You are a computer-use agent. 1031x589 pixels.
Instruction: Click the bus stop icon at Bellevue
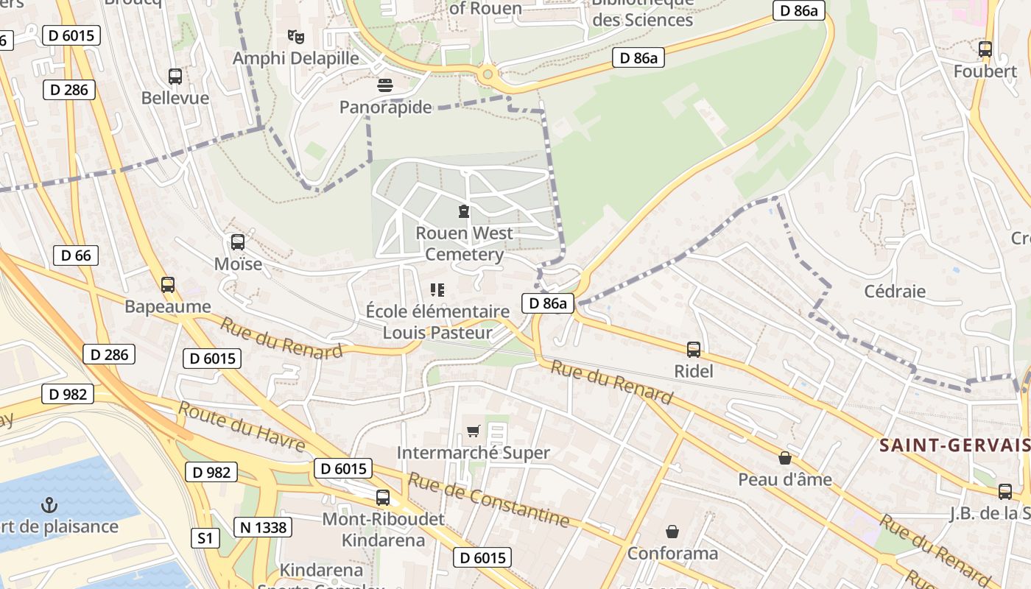(175, 76)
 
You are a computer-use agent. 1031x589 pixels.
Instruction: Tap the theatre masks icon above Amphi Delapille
(296, 36)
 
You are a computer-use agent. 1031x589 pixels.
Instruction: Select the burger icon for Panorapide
(384, 85)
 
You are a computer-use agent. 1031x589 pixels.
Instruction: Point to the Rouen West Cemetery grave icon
(464, 212)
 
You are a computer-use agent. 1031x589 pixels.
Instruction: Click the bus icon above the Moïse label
(238, 241)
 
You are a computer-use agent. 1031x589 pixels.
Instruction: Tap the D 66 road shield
(76, 255)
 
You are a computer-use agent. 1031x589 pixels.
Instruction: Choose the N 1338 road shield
(263, 526)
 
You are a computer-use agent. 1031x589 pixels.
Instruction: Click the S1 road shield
(205, 538)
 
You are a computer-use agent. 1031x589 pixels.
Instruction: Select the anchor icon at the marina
(49, 505)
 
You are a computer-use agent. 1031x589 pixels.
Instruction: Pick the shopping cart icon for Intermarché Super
(473, 431)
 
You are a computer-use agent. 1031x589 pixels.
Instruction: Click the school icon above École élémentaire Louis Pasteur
(437, 290)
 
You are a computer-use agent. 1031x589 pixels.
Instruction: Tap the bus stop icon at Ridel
(694, 349)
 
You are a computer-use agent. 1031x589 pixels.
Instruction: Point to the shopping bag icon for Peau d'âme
(785, 458)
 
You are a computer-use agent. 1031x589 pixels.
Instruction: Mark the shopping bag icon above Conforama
(672, 531)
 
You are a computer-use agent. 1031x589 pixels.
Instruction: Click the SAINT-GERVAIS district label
(954, 445)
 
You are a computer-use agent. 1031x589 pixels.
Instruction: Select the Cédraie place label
(895, 291)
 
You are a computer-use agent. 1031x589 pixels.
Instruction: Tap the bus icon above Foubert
(985, 49)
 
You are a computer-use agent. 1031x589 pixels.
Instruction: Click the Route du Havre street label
(242, 427)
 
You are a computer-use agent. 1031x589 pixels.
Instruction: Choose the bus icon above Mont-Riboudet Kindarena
(383, 497)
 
